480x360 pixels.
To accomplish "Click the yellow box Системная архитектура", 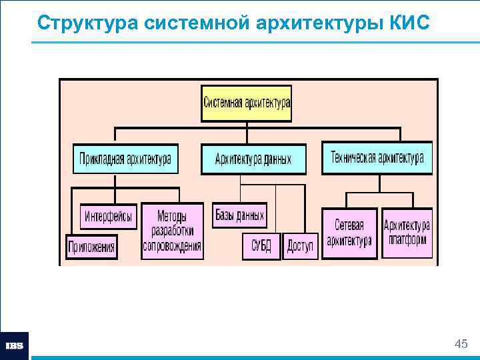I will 246,103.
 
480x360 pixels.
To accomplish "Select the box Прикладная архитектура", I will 125,159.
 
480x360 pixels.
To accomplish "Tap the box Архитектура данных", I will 253,159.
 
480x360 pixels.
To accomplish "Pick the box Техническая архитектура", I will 377,158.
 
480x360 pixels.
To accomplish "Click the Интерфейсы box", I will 109,217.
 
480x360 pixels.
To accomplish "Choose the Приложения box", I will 91,247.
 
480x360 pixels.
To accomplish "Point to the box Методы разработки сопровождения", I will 172,231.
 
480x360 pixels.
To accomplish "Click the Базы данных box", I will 239,215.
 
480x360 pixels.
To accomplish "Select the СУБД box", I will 261,247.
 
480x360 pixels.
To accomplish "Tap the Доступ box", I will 300,247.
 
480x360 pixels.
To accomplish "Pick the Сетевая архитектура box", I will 349,233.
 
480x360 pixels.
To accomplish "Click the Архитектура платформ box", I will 407,233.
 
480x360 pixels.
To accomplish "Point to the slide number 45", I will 460,344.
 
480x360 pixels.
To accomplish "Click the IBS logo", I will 15,346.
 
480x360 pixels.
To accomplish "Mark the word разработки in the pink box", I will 172,231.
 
